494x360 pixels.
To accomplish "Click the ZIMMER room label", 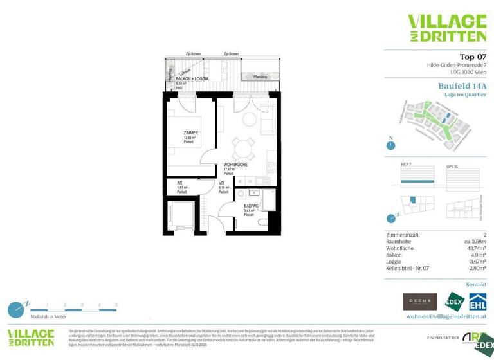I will coord(190,132).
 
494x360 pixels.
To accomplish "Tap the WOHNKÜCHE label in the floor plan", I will coord(236,165).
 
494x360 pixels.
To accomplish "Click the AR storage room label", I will coord(180,183).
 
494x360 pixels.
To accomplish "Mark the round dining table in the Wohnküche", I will coord(242,149).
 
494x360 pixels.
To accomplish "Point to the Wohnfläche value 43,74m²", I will coord(471,248).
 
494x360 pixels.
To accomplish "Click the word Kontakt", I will coord(476,283).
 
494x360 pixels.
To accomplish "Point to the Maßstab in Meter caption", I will coord(46,317).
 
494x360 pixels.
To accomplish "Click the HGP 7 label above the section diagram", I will coord(406,165).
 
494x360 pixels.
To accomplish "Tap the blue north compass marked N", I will coord(390,145).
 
